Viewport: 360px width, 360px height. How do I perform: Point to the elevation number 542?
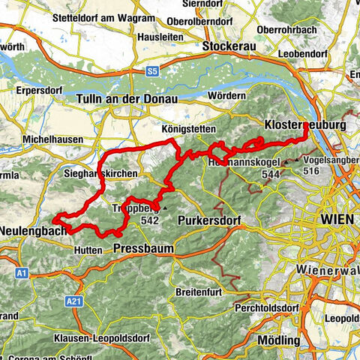149,220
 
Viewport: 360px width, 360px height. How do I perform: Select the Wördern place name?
229,96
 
